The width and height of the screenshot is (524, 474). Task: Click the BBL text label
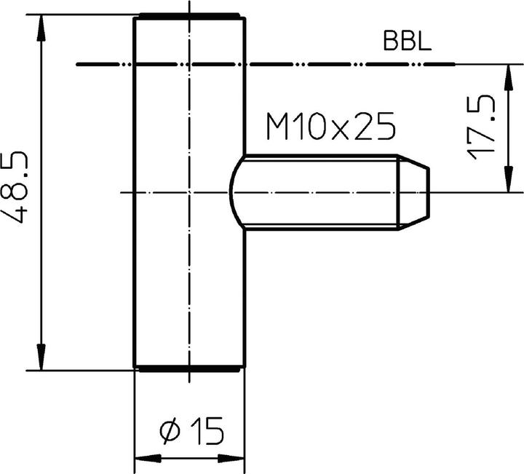[x=408, y=41]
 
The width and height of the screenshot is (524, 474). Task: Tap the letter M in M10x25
[x=279, y=128]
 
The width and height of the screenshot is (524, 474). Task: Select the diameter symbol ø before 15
[x=169, y=432]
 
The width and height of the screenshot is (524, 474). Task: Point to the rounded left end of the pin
[x=234, y=192]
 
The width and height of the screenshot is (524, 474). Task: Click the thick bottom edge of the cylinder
[x=188, y=369]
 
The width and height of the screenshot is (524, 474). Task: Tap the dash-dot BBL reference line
[x=327, y=64]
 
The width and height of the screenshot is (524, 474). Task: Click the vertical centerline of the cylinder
[x=189, y=277]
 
